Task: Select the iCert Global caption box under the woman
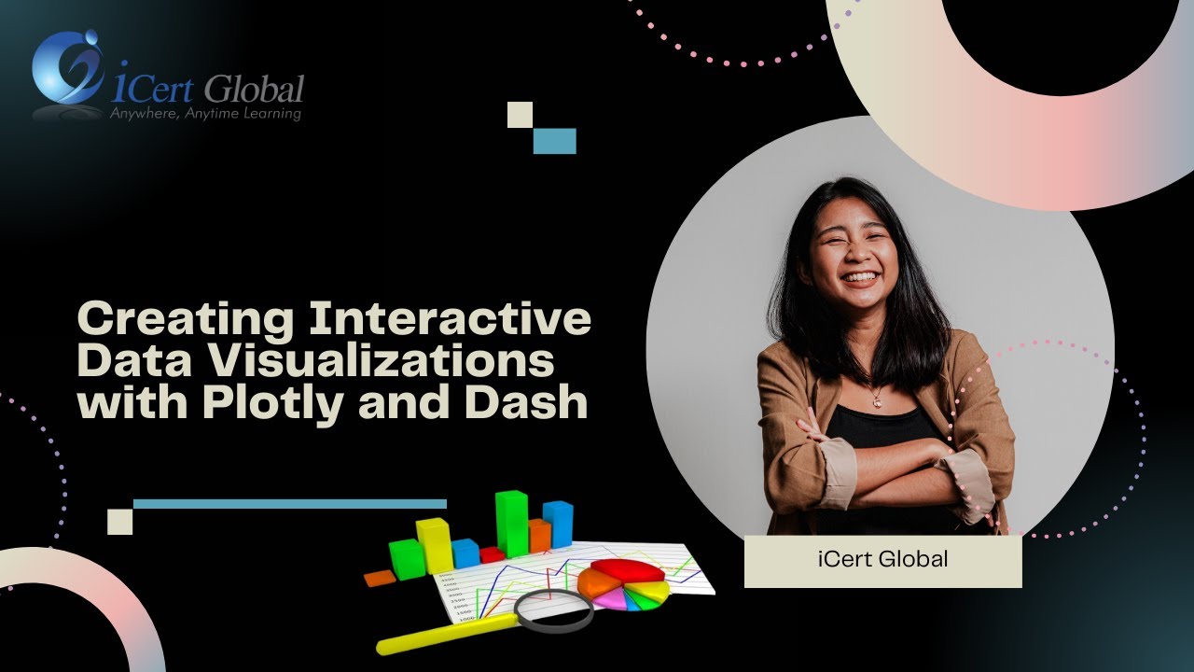point(882,561)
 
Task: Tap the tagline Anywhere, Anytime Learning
point(205,114)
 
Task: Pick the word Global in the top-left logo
point(254,90)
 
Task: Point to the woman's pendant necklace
point(877,400)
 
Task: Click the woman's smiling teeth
point(860,278)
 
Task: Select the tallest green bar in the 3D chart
point(511,523)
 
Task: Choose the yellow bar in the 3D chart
point(434,545)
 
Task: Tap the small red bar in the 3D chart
point(492,554)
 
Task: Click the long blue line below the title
point(289,504)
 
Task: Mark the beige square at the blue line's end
point(119,521)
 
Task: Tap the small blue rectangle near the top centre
point(554,141)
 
